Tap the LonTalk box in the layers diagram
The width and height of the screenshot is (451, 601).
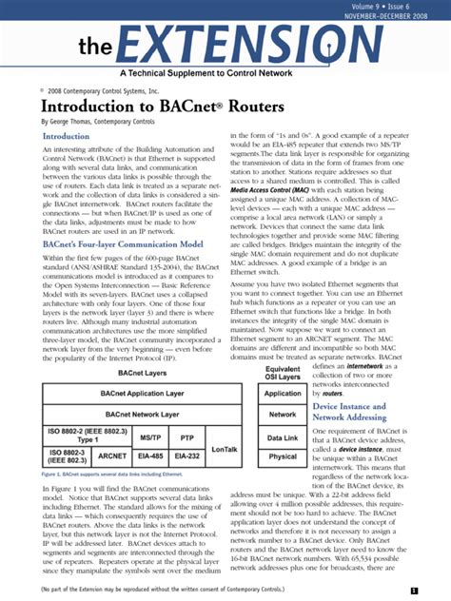225,447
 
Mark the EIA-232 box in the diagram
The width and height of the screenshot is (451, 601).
186,456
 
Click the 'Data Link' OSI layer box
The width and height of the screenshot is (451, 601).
284,436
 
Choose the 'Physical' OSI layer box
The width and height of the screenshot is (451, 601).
284,457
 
